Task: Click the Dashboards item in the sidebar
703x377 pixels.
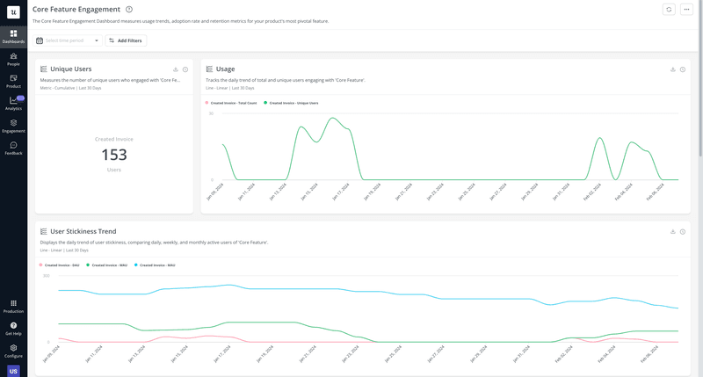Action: [13, 36]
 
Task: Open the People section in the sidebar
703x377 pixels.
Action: [13, 59]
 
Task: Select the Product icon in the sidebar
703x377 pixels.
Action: [13, 81]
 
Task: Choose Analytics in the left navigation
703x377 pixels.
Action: [13, 103]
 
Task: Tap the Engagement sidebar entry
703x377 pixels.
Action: [13, 126]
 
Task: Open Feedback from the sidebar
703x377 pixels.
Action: [13, 148]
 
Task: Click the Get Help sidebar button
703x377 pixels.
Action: [13, 328]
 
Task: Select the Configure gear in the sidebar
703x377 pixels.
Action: [13, 351]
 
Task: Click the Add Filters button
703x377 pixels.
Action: [126, 40]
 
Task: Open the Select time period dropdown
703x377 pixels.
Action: [68, 40]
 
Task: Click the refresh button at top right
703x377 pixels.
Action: [669, 10]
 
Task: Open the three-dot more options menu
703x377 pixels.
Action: [687, 10]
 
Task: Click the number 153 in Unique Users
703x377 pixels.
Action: [114, 155]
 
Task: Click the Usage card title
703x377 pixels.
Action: [225, 69]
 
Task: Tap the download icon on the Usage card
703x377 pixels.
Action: [673, 69]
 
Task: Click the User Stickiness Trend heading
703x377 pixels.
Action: [83, 231]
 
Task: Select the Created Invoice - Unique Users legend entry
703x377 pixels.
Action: [292, 103]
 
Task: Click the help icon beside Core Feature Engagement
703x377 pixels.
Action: [129, 10]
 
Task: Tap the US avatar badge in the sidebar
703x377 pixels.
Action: [13, 371]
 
